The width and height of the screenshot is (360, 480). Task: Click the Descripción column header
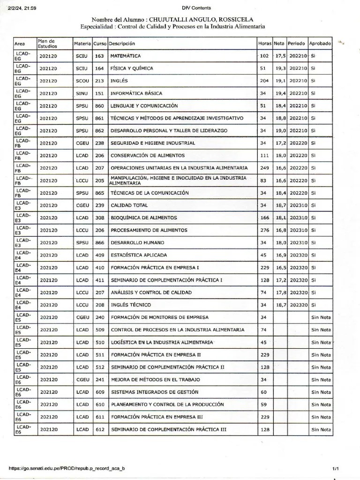coord(122,44)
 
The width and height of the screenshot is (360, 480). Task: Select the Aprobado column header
coord(320,44)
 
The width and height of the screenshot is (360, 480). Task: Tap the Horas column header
coord(265,44)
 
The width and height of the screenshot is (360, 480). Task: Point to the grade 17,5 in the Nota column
coord(280,56)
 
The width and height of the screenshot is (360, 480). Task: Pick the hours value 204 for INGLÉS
coord(264,81)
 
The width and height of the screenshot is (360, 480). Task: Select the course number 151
coord(99,93)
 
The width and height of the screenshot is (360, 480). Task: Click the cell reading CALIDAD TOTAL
coord(129,205)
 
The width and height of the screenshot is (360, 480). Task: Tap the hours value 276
coord(264,230)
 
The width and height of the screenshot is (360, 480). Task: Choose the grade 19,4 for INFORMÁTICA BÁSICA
coord(280,93)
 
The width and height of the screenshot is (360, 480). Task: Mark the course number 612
coord(99,429)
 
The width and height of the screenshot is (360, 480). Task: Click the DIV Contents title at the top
coord(196,7)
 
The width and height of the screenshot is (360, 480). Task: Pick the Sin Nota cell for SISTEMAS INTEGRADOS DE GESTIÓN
coord(321,392)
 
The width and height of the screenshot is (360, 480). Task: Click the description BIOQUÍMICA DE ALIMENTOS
coord(143,218)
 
